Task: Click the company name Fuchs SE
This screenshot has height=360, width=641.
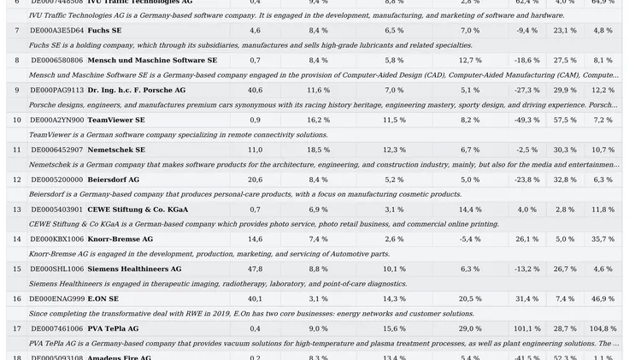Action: (x=104, y=31)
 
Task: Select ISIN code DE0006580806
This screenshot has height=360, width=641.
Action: (x=57, y=61)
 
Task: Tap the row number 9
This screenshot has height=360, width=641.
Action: (x=17, y=90)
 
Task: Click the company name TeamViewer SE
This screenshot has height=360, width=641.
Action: (x=116, y=121)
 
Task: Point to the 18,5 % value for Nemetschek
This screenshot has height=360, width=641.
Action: (x=318, y=150)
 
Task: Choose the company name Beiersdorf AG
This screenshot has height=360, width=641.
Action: (x=113, y=180)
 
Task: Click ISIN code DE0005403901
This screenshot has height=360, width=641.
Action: (x=57, y=210)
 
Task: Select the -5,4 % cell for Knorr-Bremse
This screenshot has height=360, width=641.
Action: (x=470, y=239)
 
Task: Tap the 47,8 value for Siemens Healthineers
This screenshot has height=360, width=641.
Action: (x=255, y=269)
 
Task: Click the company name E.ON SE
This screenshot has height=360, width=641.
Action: (x=103, y=299)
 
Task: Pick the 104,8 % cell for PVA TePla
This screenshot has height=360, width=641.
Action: (x=603, y=328)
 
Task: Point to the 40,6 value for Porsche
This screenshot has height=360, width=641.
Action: (x=255, y=90)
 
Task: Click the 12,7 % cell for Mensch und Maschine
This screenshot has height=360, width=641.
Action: (x=470, y=61)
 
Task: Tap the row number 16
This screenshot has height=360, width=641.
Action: (x=17, y=299)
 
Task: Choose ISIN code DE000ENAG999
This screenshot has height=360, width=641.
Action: (x=57, y=299)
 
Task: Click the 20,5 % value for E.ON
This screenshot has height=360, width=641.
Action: (x=470, y=299)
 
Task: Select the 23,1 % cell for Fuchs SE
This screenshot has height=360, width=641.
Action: (x=565, y=31)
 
